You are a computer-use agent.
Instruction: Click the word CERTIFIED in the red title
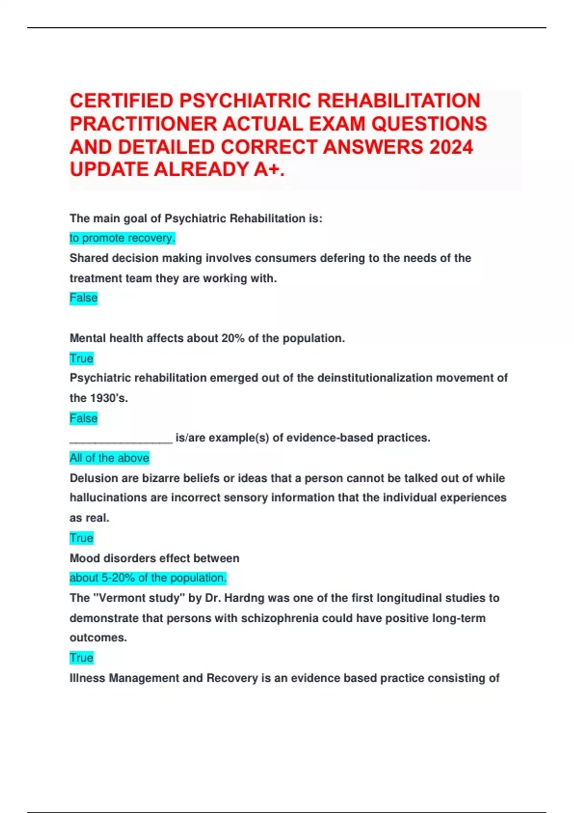pos(121,101)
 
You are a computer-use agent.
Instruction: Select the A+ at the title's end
pos(269,169)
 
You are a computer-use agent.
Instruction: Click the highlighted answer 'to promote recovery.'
pos(122,238)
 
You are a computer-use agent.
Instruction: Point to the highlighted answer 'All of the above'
pos(110,458)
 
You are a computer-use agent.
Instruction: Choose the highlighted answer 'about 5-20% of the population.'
pos(148,578)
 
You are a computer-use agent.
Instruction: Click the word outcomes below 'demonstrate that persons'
pos(98,637)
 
